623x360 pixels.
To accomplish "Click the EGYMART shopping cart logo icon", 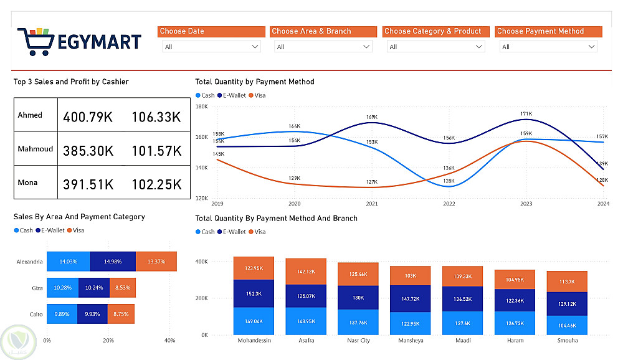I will pos(36,40).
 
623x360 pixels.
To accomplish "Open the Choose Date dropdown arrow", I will pos(255,47).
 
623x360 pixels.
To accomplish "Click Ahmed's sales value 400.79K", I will pos(87,116).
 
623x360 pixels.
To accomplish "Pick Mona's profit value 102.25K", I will pos(156,184).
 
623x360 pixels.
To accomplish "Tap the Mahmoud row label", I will pos(36,149).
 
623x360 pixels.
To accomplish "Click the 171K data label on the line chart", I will pos(526,114).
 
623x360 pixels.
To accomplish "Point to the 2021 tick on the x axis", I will pos(372,204).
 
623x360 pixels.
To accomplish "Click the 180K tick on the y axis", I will pos(202,107).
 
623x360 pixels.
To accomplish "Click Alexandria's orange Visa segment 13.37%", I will pos(156,262).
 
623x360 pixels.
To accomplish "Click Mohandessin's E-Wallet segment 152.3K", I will pos(254,293).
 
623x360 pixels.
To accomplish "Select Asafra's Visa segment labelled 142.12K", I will pos(306,272).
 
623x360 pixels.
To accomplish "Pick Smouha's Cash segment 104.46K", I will pos(567,325).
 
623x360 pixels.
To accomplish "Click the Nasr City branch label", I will pos(358,341).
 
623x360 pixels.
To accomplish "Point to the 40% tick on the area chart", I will pos(169,341).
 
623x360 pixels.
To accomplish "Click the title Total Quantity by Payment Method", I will pos(254,82).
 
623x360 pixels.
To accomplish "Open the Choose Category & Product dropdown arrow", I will pos(479,47).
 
